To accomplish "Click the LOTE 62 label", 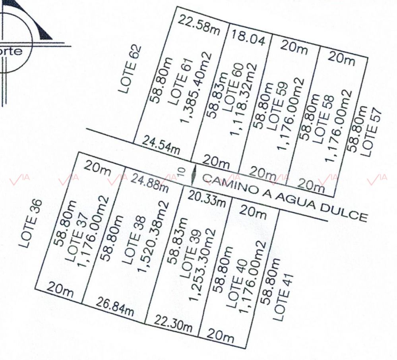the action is (130, 69).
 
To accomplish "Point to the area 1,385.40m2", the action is (196, 87).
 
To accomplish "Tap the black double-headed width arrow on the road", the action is (194, 175).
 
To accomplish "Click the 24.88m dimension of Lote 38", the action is (149, 183).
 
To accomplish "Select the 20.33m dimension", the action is (207, 198).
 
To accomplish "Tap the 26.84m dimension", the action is (115, 307).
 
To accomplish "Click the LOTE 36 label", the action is (31, 223).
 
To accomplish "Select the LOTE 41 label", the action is (283, 297).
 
